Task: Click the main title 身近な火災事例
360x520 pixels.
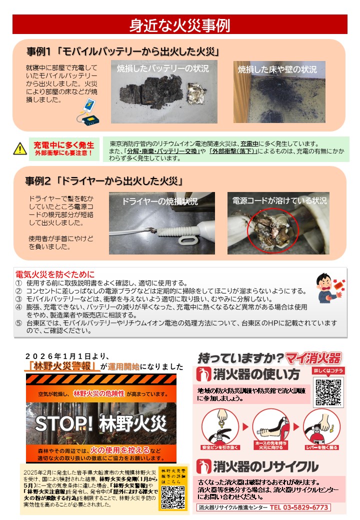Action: [x=179, y=24]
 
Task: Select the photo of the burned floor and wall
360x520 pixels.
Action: [x=279, y=92]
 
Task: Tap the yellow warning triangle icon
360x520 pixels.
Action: [x=19, y=148]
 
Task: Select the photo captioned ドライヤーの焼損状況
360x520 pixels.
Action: [x=162, y=223]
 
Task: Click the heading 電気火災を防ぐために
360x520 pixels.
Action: [x=55, y=274]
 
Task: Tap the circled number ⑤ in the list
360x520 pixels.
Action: [x=19, y=323]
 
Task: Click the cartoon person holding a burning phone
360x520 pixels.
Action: [x=328, y=288]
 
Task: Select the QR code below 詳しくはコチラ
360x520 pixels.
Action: [x=328, y=393]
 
